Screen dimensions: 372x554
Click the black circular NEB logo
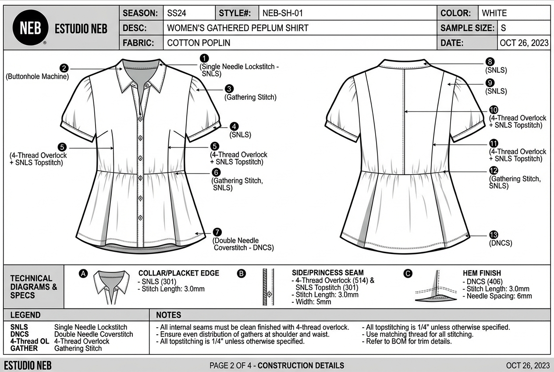pyautogui.click(x=30, y=29)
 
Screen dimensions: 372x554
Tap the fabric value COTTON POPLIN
pyautogui.click(x=199, y=43)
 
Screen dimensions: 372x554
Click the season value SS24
pyautogui.click(x=177, y=13)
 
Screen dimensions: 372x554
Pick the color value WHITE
pyautogui.click(x=494, y=13)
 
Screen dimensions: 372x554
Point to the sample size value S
pyautogui.click(x=503, y=28)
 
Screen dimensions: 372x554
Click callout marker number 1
pyautogui.click(x=204, y=58)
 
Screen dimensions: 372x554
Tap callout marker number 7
pyautogui.click(x=217, y=232)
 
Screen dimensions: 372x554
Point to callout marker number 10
pyautogui.click(x=494, y=110)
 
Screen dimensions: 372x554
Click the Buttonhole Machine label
pyautogui.click(x=37, y=76)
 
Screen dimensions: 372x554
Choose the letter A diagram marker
pyautogui.click(x=83, y=273)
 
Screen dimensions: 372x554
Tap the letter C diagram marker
pyautogui.click(x=408, y=273)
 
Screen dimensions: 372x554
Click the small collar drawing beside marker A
pyautogui.click(x=112, y=285)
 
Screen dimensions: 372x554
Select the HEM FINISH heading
pyautogui.click(x=482, y=273)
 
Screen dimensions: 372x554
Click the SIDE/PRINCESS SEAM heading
pyautogui.click(x=327, y=273)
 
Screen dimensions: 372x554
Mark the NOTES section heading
pyautogui.click(x=168, y=315)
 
